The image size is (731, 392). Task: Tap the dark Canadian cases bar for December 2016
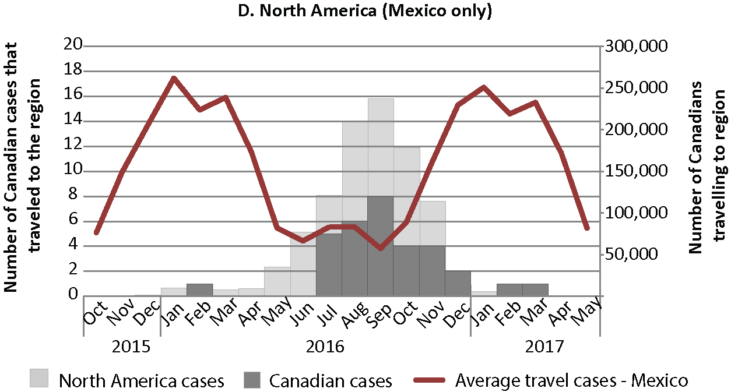[458, 283]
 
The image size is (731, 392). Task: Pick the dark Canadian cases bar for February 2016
[199, 289]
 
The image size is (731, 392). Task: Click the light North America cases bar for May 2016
[277, 281]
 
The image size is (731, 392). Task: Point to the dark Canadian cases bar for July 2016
[329, 264]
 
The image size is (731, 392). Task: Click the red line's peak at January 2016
[174, 77]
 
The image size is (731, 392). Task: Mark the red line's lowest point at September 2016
[380, 249]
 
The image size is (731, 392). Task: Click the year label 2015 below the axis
[131, 348]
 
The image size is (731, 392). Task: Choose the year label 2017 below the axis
[545, 348]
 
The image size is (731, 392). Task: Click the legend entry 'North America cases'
[142, 382]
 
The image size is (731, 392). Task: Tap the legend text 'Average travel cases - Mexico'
[571, 381]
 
